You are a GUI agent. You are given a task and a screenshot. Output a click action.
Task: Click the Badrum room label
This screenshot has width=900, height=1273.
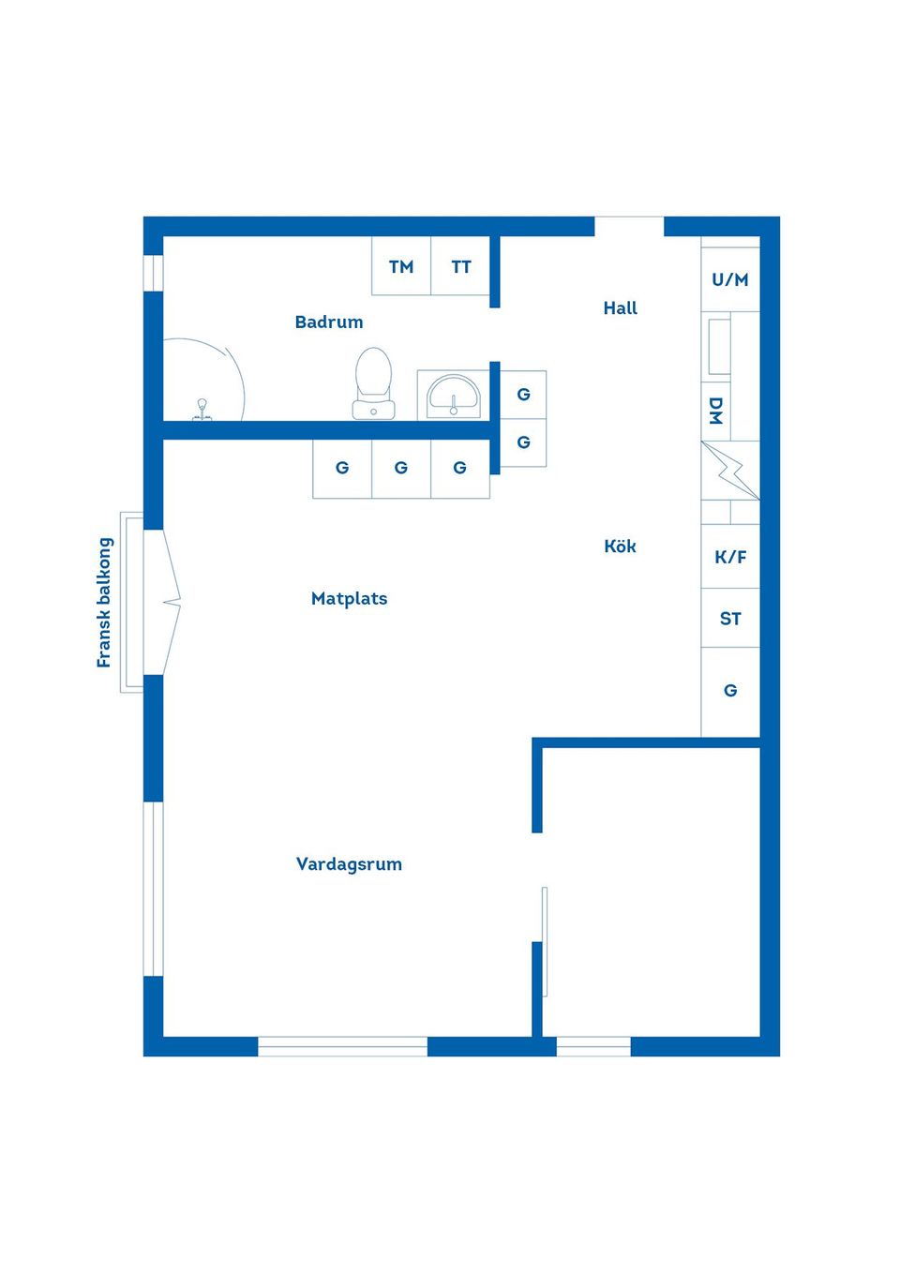(x=328, y=322)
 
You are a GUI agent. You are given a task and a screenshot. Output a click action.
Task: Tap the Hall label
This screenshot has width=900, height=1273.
(x=620, y=307)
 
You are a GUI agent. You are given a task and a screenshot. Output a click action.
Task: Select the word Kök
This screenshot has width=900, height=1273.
(x=620, y=546)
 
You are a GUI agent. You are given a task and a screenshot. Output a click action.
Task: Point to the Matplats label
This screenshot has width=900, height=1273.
(x=349, y=598)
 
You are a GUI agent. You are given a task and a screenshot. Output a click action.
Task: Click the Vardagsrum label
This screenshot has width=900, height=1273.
(x=349, y=863)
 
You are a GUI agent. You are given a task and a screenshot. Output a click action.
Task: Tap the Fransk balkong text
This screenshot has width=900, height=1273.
(x=104, y=602)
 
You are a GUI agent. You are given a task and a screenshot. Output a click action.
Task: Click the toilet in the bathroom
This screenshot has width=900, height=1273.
(x=373, y=382)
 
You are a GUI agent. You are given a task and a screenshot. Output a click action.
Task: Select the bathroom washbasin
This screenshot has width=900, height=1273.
(x=454, y=395)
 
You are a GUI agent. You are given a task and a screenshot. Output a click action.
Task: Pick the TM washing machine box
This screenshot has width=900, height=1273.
(x=401, y=266)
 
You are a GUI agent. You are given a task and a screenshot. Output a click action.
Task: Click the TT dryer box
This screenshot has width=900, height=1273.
(x=460, y=266)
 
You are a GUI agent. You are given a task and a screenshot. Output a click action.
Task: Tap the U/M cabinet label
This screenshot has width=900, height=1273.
(x=730, y=279)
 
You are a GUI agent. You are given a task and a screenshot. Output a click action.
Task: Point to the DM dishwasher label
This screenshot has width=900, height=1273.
(x=716, y=411)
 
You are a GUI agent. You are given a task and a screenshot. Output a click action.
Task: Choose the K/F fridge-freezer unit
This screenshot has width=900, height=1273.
(x=730, y=557)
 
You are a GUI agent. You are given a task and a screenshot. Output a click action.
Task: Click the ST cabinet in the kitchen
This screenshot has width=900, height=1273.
(x=730, y=619)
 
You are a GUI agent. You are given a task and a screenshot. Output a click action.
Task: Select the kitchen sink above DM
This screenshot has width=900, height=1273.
(x=719, y=347)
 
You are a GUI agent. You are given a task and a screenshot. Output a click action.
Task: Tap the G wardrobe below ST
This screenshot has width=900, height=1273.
(x=730, y=691)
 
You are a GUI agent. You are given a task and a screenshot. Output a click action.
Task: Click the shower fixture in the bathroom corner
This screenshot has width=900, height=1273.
(x=202, y=409)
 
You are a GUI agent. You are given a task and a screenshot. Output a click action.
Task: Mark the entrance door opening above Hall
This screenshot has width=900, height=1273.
(x=629, y=226)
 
